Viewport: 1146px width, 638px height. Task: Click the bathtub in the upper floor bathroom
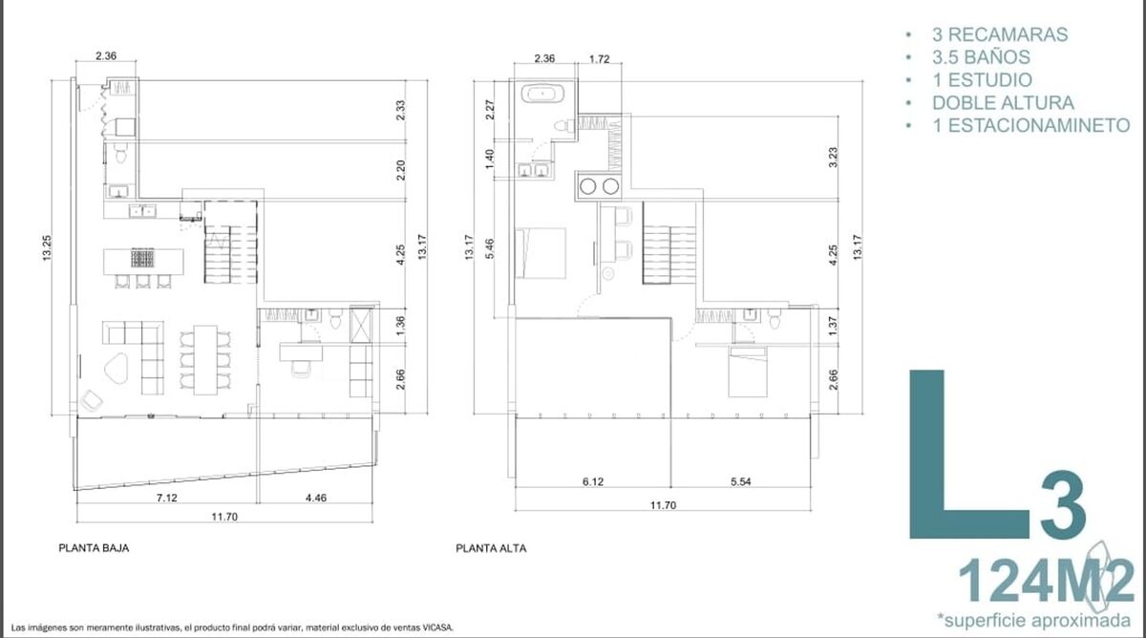pyautogui.click(x=542, y=95)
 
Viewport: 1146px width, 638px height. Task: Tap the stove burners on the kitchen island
pyautogui.click(x=142, y=258)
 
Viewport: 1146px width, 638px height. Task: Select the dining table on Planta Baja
pyautogui.click(x=205, y=360)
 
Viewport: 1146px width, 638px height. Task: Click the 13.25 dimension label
pyautogui.click(x=47, y=247)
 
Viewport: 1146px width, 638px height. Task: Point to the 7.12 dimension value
pyautogui.click(x=167, y=498)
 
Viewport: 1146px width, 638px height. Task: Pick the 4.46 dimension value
pyautogui.click(x=316, y=498)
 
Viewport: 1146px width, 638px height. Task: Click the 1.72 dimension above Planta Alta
pyautogui.click(x=599, y=59)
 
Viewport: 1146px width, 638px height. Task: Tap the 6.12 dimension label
pyautogui.click(x=592, y=481)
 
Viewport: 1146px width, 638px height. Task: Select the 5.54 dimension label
pyautogui.click(x=740, y=481)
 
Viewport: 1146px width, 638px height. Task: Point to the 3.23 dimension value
pyautogui.click(x=833, y=157)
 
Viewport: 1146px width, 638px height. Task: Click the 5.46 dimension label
pyautogui.click(x=490, y=248)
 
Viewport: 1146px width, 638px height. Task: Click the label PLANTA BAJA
pyautogui.click(x=94, y=548)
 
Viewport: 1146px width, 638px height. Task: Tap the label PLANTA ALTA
pyautogui.click(x=491, y=548)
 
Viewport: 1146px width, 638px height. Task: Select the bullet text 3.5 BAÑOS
pyautogui.click(x=982, y=57)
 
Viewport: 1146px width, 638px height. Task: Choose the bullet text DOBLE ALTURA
pyautogui.click(x=1004, y=103)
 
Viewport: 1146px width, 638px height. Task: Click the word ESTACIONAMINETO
pyautogui.click(x=1039, y=125)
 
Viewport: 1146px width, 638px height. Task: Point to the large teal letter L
pyautogui.click(x=968, y=454)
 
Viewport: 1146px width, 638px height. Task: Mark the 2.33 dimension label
pyautogui.click(x=400, y=110)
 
